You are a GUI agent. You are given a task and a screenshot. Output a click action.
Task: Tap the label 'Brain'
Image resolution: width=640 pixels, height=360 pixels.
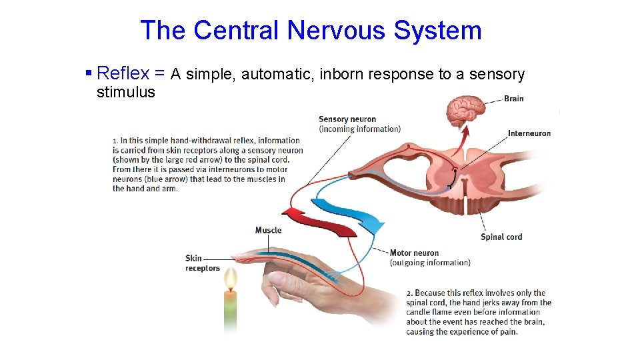[x=513, y=99]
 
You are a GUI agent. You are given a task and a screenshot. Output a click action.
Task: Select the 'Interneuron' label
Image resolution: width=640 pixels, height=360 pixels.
[x=529, y=133]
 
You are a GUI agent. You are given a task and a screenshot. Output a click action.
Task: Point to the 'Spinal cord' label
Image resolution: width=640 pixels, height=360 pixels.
[x=501, y=237]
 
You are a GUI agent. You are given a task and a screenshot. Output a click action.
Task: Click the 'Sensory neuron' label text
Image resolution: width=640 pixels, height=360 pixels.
[x=347, y=119]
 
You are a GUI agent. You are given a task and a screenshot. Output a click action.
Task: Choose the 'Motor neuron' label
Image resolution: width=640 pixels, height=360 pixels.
[x=414, y=253]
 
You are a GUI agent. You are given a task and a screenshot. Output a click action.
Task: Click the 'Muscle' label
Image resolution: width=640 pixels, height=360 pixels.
[x=268, y=230]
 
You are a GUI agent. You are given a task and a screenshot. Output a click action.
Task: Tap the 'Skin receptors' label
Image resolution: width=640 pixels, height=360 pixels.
[x=202, y=263]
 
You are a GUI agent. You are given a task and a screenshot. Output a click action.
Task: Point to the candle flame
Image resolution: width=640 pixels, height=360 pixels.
[x=230, y=279]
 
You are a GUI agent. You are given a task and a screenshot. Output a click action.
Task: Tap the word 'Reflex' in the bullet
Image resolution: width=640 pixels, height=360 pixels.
[x=123, y=73]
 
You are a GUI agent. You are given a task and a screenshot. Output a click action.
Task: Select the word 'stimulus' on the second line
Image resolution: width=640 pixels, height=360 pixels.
[x=125, y=92]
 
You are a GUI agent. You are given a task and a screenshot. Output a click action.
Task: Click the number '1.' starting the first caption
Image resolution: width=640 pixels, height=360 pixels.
[x=115, y=141]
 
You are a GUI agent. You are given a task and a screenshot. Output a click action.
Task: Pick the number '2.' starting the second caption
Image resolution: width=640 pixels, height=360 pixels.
[x=409, y=293]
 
